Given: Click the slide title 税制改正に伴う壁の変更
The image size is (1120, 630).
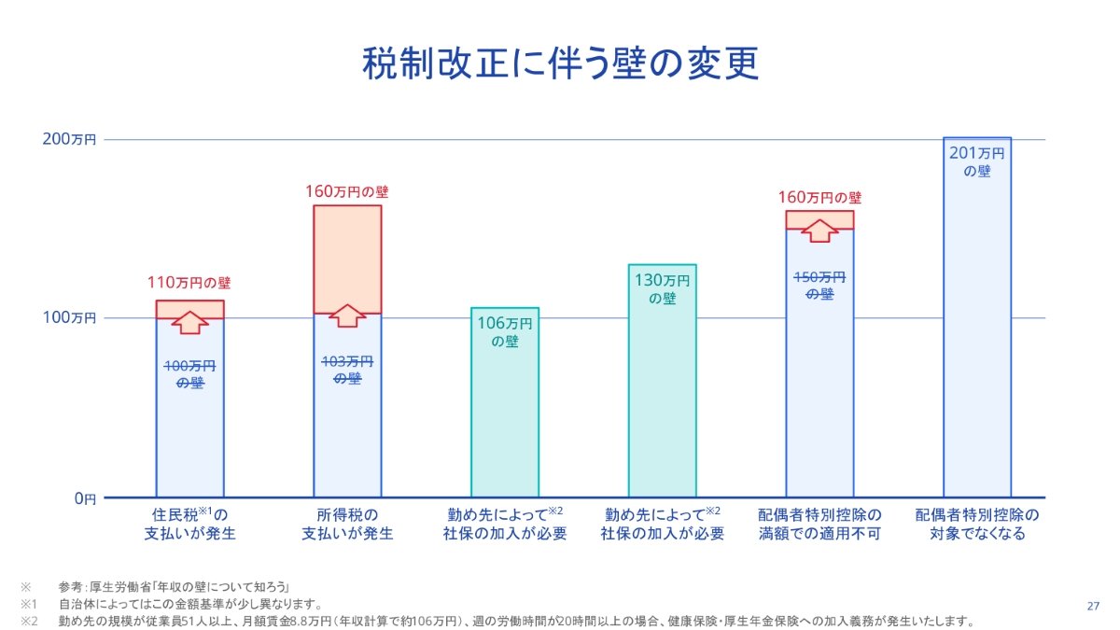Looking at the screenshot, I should pyautogui.click(x=559, y=64).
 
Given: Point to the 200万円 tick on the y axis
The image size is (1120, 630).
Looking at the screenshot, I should pyautogui.click(x=70, y=140).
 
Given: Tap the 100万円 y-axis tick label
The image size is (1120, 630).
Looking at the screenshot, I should pyautogui.click(x=70, y=318).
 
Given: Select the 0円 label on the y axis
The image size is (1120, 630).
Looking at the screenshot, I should pyautogui.click(x=84, y=498).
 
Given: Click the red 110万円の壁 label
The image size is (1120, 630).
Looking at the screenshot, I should pyautogui.click(x=189, y=282).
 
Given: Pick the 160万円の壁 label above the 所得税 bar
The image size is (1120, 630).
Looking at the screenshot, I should pyautogui.click(x=346, y=192).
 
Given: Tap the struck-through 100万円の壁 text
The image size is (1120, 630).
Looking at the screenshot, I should pyautogui.click(x=189, y=373).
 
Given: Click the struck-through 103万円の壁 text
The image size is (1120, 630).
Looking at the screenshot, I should pyautogui.click(x=346, y=370).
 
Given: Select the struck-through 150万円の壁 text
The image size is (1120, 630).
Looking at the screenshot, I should pyautogui.click(x=819, y=286).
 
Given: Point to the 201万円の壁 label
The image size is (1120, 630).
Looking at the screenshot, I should pyautogui.click(x=976, y=162).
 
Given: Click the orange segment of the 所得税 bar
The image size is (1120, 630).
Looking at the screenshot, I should pyautogui.click(x=346, y=252).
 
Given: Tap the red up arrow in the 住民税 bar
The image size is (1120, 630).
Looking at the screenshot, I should pyautogui.click(x=189, y=322).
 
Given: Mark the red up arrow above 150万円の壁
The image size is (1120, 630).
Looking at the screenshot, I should pyautogui.click(x=819, y=231).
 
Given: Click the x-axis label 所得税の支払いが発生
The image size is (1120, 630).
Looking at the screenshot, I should pyautogui.click(x=346, y=525).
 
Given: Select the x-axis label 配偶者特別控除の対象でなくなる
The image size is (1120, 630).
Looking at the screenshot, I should pyautogui.click(x=976, y=525).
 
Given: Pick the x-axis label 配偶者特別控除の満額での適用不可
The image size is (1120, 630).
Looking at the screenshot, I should pyautogui.click(x=819, y=525).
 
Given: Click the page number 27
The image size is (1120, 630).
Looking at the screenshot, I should pyautogui.click(x=1094, y=606).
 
